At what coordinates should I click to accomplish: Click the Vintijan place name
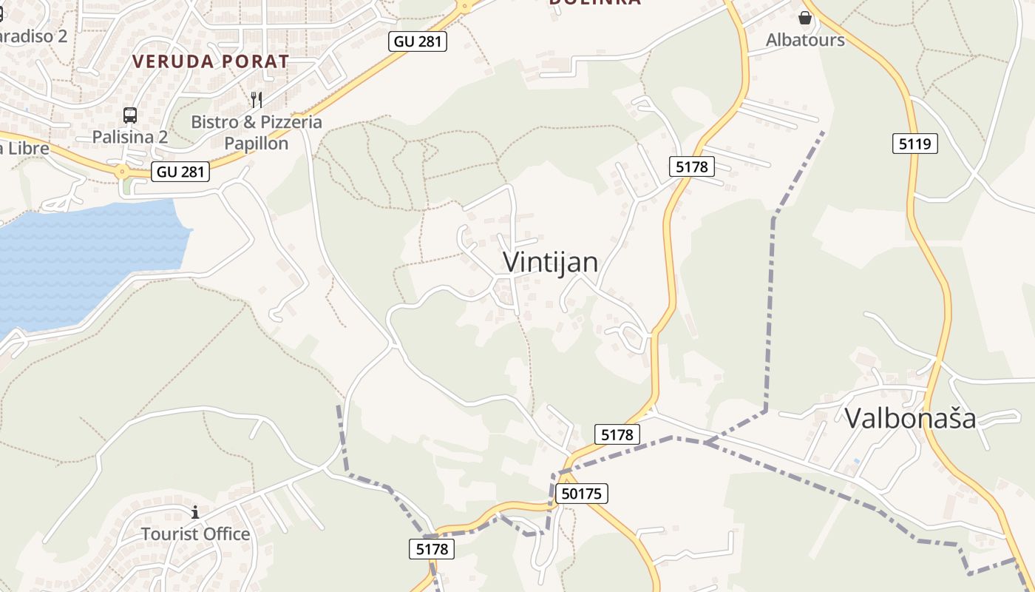[x=550, y=262]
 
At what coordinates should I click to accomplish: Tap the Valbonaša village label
[x=910, y=418]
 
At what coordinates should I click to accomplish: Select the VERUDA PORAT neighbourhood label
[x=211, y=61]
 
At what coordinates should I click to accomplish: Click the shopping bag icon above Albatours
[x=805, y=17]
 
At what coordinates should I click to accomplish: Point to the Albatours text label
[x=805, y=40]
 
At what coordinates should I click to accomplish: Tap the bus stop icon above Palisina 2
[x=130, y=115]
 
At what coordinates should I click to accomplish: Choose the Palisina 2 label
[x=130, y=137]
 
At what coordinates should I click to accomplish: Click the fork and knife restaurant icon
[x=257, y=99]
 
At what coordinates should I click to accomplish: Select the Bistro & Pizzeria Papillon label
[x=257, y=132]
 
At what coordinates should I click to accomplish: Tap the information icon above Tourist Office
[x=195, y=512]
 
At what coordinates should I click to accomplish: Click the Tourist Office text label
[x=195, y=534]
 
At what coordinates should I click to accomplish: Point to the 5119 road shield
[x=914, y=144]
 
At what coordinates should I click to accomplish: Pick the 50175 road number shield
[x=580, y=494]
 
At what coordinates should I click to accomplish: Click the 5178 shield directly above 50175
[x=617, y=434]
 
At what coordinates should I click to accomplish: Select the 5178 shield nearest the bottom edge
[x=432, y=549]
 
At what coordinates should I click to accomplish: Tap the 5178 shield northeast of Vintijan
[x=691, y=166]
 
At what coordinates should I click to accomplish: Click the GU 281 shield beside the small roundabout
[x=180, y=172]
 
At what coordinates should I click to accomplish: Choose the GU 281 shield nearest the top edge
[x=418, y=41]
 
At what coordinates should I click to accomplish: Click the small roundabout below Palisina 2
[x=122, y=172]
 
